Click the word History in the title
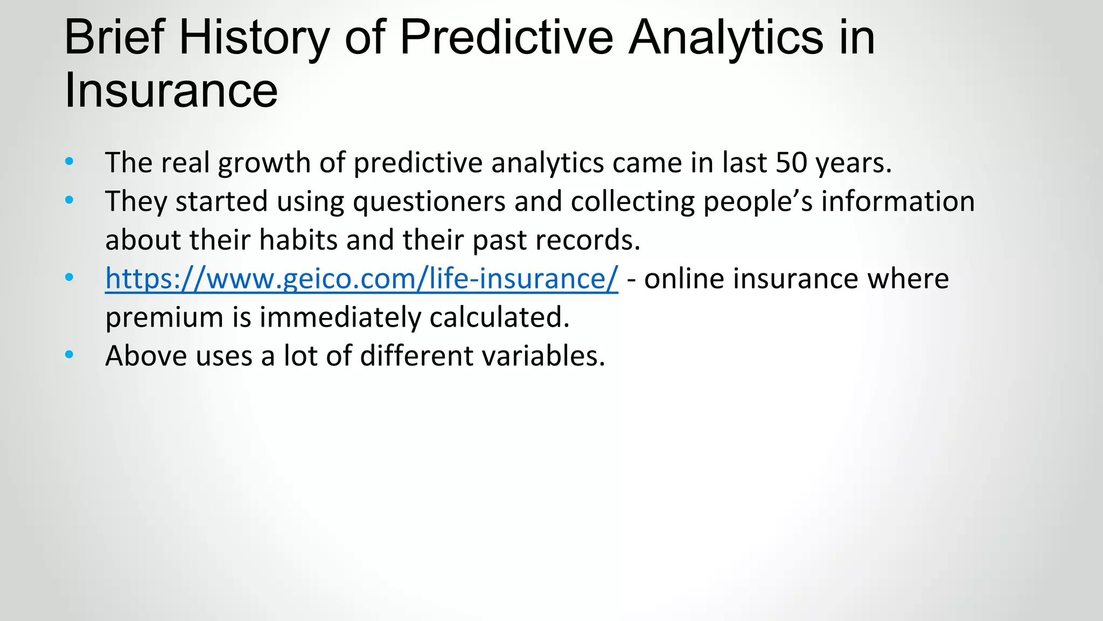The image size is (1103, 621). (x=253, y=38)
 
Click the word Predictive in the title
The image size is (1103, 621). (x=506, y=38)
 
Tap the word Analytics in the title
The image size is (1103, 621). (x=726, y=38)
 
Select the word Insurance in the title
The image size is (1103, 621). (x=171, y=91)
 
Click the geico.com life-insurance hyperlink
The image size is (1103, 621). (x=361, y=279)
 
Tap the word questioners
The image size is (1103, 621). (x=429, y=202)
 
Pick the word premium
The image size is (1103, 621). (x=164, y=318)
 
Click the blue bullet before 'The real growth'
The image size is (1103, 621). (x=69, y=161)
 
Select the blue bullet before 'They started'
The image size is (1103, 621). (x=69, y=200)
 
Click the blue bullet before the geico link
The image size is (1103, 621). (x=69, y=278)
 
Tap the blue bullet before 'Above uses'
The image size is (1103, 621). (x=69, y=355)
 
